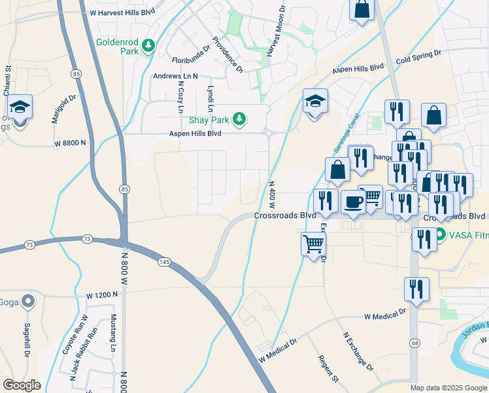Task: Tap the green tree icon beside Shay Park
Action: (x=240, y=118)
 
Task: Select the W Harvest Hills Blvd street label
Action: (x=122, y=12)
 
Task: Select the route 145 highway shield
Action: (x=163, y=261)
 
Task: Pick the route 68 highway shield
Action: (x=414, y=343)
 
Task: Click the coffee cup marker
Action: (x=353, y=201)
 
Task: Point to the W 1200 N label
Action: (x=101, y=295)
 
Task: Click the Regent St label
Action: (x=328, y=369)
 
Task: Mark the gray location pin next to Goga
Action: (x=27, y=301)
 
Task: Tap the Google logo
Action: (x=22, y=384)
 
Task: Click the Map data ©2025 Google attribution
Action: (x=448, y=388)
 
